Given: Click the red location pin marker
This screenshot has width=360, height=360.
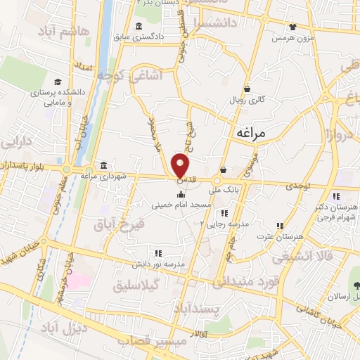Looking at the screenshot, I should click(181, 165).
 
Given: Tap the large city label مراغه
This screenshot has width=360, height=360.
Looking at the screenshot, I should click(250, 131).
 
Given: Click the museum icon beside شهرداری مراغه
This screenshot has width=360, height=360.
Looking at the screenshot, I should click(105, 165).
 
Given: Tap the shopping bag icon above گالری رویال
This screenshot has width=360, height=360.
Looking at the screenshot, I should click(247, 89).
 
